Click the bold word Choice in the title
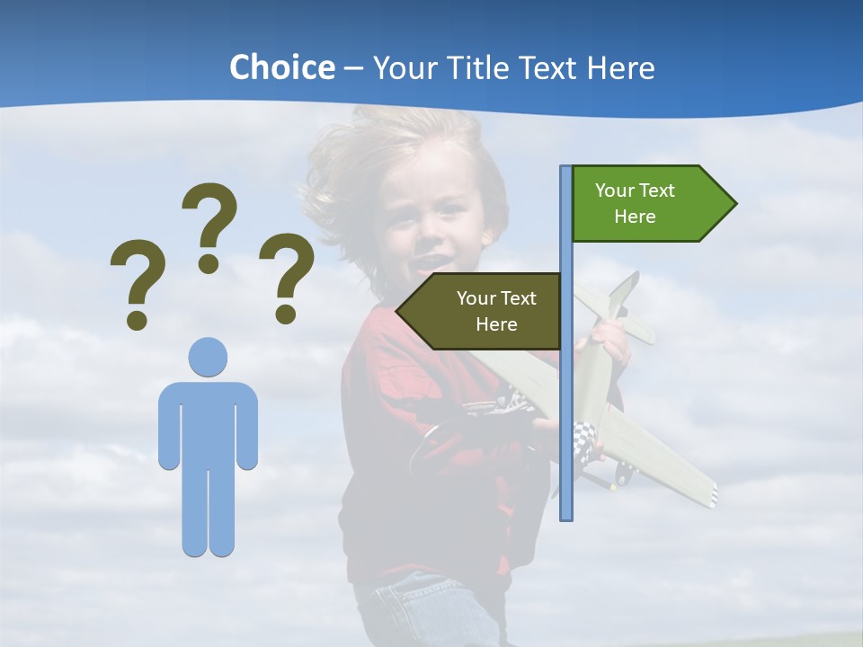(x=281, y=67)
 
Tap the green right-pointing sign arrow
(x=647, y=204)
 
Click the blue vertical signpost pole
(x=566, y=404)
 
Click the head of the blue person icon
(x=208, y=357)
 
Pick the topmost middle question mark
(x=209, y=226)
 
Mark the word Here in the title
(x=620, y=67)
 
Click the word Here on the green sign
(x=635, y=217)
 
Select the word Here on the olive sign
(x=496, y=324)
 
